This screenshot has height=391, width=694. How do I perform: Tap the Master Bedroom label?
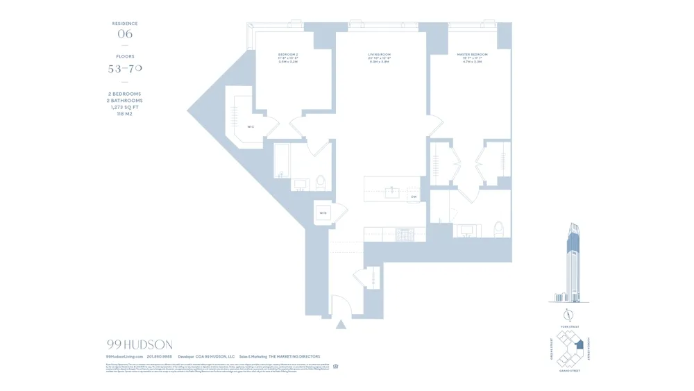coord(472,54)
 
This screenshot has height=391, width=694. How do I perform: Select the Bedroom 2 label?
coord(288,54)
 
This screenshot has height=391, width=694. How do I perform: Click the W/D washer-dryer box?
coord(323,213)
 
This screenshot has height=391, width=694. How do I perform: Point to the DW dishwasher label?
coord(413,197)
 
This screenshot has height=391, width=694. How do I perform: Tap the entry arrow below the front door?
coord(341,324)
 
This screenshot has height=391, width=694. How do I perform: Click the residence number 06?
coord(125,34)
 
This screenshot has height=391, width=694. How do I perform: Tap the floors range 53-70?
coord(125,69)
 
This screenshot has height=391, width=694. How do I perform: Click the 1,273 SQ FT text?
coord(125,107)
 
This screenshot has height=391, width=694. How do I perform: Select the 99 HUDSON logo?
coord(139,344)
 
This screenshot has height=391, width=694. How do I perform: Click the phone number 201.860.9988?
coord(160,356)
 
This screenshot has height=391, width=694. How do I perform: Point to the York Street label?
coord(569,326)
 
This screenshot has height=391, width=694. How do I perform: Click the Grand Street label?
coord(569,371)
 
